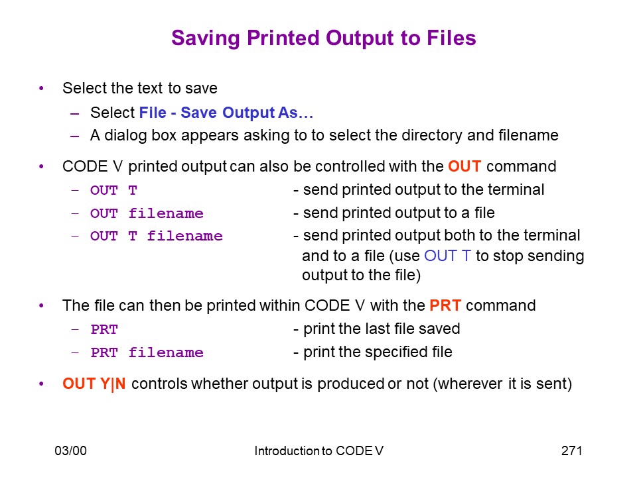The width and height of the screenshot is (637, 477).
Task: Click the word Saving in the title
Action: pyautogui.click(x=206, y=38)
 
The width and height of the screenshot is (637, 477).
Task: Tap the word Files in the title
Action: pyautogui.click(x=451, y=38)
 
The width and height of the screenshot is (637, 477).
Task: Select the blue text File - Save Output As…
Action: pyautogui.click(x=226, y=113)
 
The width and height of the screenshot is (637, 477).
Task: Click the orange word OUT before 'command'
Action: pyautogui.click(x=464, y=166)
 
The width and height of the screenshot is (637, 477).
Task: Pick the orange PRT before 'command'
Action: pyautogui.click(x=445, y=305)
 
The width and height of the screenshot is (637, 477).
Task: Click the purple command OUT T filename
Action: pyautogui.click(x=157, y=236)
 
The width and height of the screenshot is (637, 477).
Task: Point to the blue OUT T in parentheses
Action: pyautogui.click(x=447, y=256)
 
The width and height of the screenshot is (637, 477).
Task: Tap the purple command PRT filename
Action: pyautogui.click(x=147, y=352)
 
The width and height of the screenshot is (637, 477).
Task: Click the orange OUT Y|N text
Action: pyautogui.click(x=94, y=384)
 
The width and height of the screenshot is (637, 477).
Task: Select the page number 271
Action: pyautogui.click(x=571, y=450)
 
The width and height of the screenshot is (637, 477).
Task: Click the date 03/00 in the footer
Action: pyautogui.click(x=71, y=450)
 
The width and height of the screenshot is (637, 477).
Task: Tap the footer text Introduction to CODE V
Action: pyautogui.click(x=319, y=450)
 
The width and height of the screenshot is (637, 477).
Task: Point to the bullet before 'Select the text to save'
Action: pyautogui.click(x=41, y=88)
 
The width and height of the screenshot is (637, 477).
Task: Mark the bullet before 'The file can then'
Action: pyautogui.click(x=41, y=305)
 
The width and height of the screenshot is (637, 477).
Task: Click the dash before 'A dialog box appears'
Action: pyautogui.click(x=75, y=136)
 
